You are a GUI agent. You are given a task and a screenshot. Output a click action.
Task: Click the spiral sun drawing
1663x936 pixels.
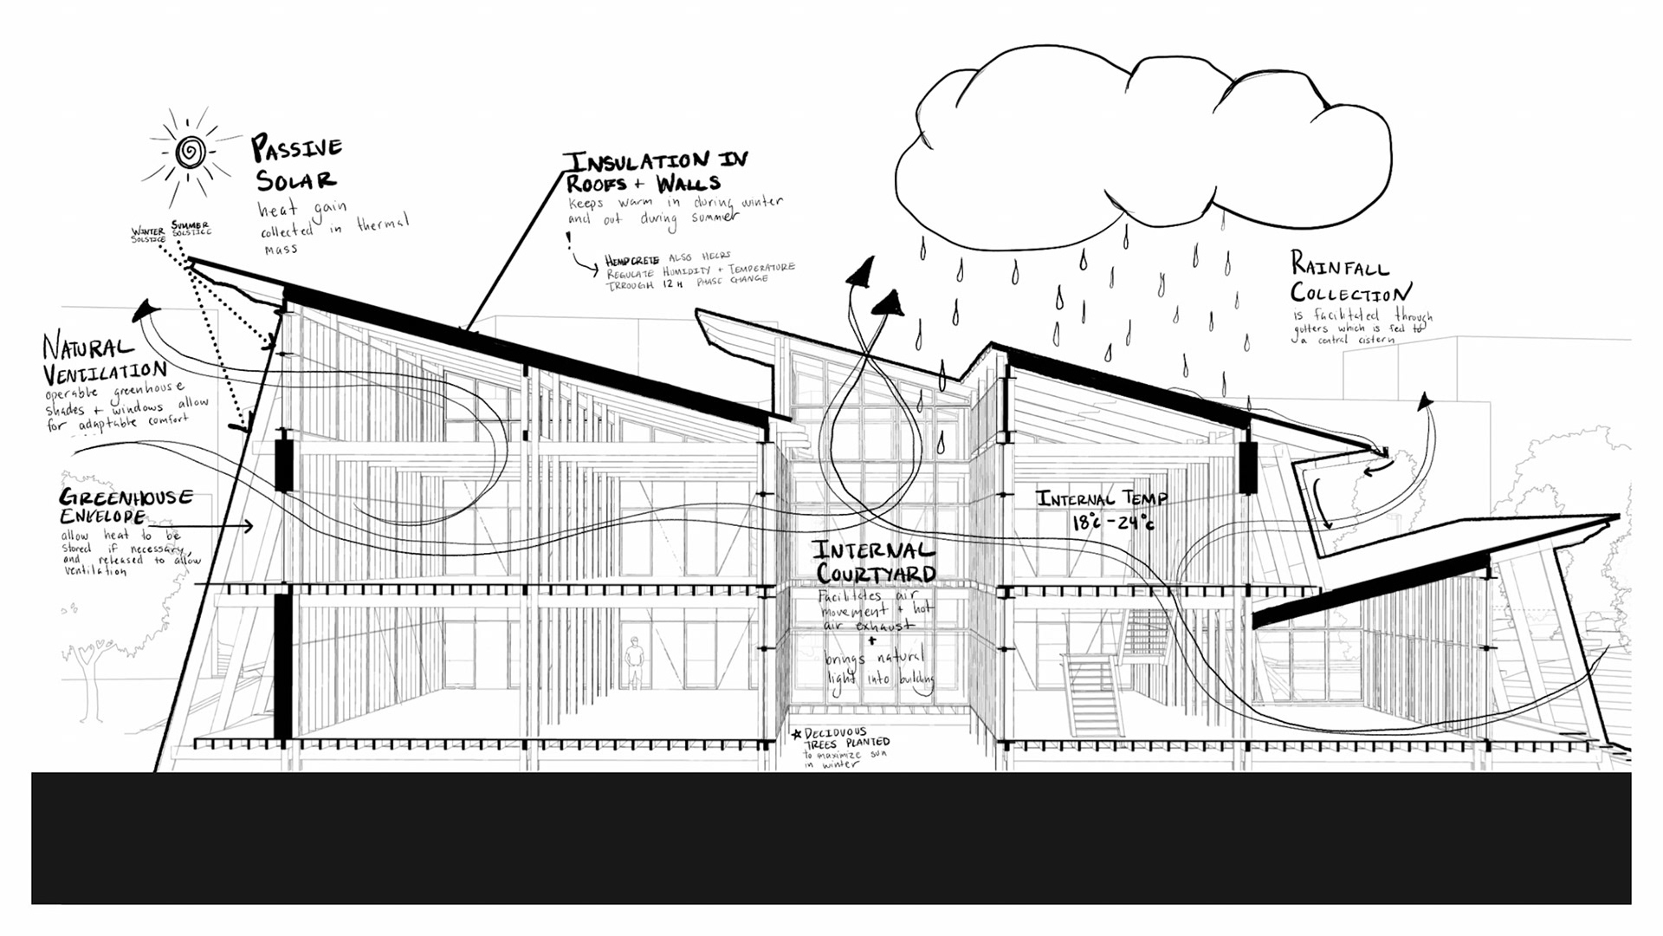click(x=191, y=153)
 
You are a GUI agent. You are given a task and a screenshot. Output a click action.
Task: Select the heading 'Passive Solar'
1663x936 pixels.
click(x=296, y=163)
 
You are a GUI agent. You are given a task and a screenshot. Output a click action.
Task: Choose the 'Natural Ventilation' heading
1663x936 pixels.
click(x=102, y=361)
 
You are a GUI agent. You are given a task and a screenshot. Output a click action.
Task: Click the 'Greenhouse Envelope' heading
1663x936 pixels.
click(x=125, y=506)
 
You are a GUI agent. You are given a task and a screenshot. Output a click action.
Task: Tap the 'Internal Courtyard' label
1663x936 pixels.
click(x=876, y=562)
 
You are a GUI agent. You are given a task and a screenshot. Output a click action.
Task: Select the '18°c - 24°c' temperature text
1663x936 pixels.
click(x=1113, y=523)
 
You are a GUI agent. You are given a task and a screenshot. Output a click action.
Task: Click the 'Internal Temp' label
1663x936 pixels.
click(x=1102, y=498)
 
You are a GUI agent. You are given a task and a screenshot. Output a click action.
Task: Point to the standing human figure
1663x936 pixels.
click(x=635, y=663)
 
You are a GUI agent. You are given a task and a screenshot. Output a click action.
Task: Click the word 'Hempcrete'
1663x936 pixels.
click(x=631, y=261)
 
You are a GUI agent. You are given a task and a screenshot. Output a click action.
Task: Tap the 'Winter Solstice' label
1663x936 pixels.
click(x=147, y=235)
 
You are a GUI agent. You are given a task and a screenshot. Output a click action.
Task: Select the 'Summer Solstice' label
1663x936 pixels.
click(x=191, y=228)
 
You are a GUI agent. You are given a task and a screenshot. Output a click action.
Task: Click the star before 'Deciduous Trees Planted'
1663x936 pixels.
click(x=797, y=735)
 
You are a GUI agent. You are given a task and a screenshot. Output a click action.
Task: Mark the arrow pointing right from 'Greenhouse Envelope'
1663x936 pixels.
click(x=217, y=525)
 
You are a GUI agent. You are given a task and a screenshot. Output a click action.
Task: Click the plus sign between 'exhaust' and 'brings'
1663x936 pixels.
click(x=872, y=641)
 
